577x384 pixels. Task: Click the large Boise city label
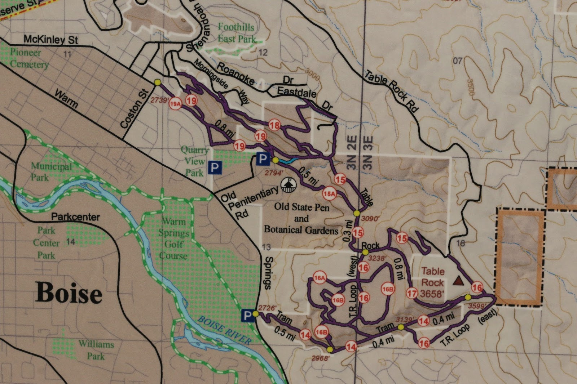(x=69, y=293)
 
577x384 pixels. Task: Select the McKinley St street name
(x=51, y=39)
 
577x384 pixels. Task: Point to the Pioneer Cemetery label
(x=28, y=58)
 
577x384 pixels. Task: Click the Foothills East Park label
(x=237, y=33)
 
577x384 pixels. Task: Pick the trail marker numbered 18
(x=274, y=125)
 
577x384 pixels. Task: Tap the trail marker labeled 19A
(x=175, y=104)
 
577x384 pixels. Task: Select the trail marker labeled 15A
(x=329, y=194)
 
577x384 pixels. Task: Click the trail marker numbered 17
(x=412, y=293)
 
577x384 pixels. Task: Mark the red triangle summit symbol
(x=458, y=280)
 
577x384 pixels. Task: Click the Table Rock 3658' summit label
(x=432, y=282)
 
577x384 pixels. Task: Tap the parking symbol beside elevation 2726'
(x=247, y=316)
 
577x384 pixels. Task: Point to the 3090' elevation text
(x=370, y=218)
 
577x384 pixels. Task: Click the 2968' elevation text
(x=320, y=358)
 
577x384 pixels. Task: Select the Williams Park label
(x=96, y=350)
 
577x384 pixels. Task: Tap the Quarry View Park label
(x=195, y=161)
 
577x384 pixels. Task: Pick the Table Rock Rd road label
(x=392, y=91)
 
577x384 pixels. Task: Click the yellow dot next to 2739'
(x=157, y=82)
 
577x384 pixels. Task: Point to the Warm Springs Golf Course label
(x=174, y=238)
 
